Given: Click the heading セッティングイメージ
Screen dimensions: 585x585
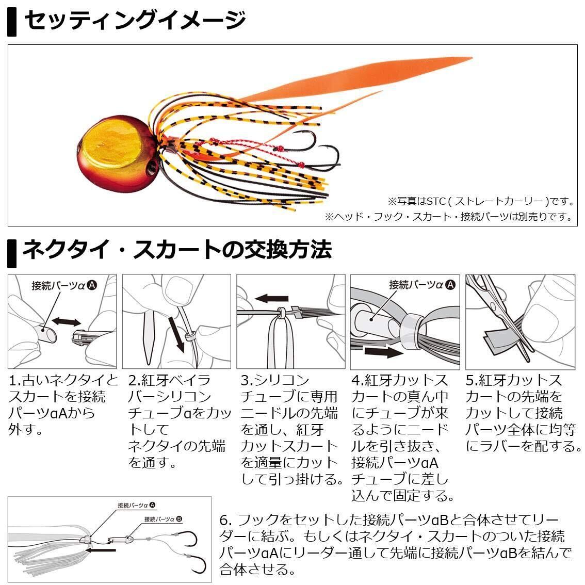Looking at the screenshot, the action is tap(135, 20).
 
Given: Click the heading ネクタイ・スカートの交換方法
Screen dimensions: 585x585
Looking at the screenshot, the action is tap(177, 249).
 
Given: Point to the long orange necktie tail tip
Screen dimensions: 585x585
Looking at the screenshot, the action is tap(471, 58).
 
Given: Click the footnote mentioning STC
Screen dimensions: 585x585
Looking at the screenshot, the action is tap(482, 201).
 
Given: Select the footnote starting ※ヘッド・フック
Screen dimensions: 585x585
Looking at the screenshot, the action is tap(449, 216).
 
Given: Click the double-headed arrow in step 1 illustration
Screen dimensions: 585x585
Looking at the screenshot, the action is tap(67, 321).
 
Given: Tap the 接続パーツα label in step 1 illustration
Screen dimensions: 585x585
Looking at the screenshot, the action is tap(64, 286).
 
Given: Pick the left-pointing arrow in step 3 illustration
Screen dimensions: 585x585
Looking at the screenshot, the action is tap(271, 299).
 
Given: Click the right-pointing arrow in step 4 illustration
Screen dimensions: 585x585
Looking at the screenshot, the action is tap(383, 351).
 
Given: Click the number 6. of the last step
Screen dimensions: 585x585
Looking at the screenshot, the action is tap(226, 520).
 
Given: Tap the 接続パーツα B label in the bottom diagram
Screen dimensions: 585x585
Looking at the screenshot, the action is tap(163, 519).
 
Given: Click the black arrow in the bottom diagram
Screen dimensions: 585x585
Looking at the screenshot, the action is tap(101, 550).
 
